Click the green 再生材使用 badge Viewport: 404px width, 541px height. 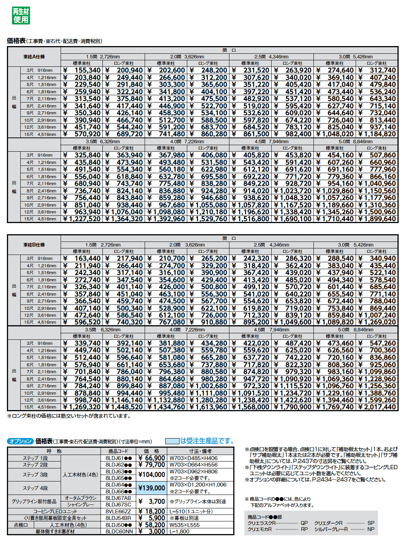(21, 15)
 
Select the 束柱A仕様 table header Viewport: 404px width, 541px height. (34, 57)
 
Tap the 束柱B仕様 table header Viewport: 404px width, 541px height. (34, 245)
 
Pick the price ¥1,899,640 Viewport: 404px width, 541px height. (377, 219)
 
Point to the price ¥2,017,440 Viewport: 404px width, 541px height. (377, 407)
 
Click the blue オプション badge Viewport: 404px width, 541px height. (20, 441)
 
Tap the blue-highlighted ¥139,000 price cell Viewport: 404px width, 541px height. (152, 488)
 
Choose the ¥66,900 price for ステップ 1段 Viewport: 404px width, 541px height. (152, 458)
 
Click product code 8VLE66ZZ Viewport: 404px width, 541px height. (118, 511)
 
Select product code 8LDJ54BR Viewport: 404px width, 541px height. (118, 518)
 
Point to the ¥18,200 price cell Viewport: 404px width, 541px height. (152, 511)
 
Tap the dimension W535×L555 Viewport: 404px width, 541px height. (185, 525)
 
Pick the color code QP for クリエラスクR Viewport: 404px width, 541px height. (304, 523)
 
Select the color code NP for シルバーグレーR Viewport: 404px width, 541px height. (371, 529)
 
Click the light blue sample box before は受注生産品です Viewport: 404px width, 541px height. (172, 441)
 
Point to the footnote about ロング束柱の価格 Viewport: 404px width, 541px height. (69, 416)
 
